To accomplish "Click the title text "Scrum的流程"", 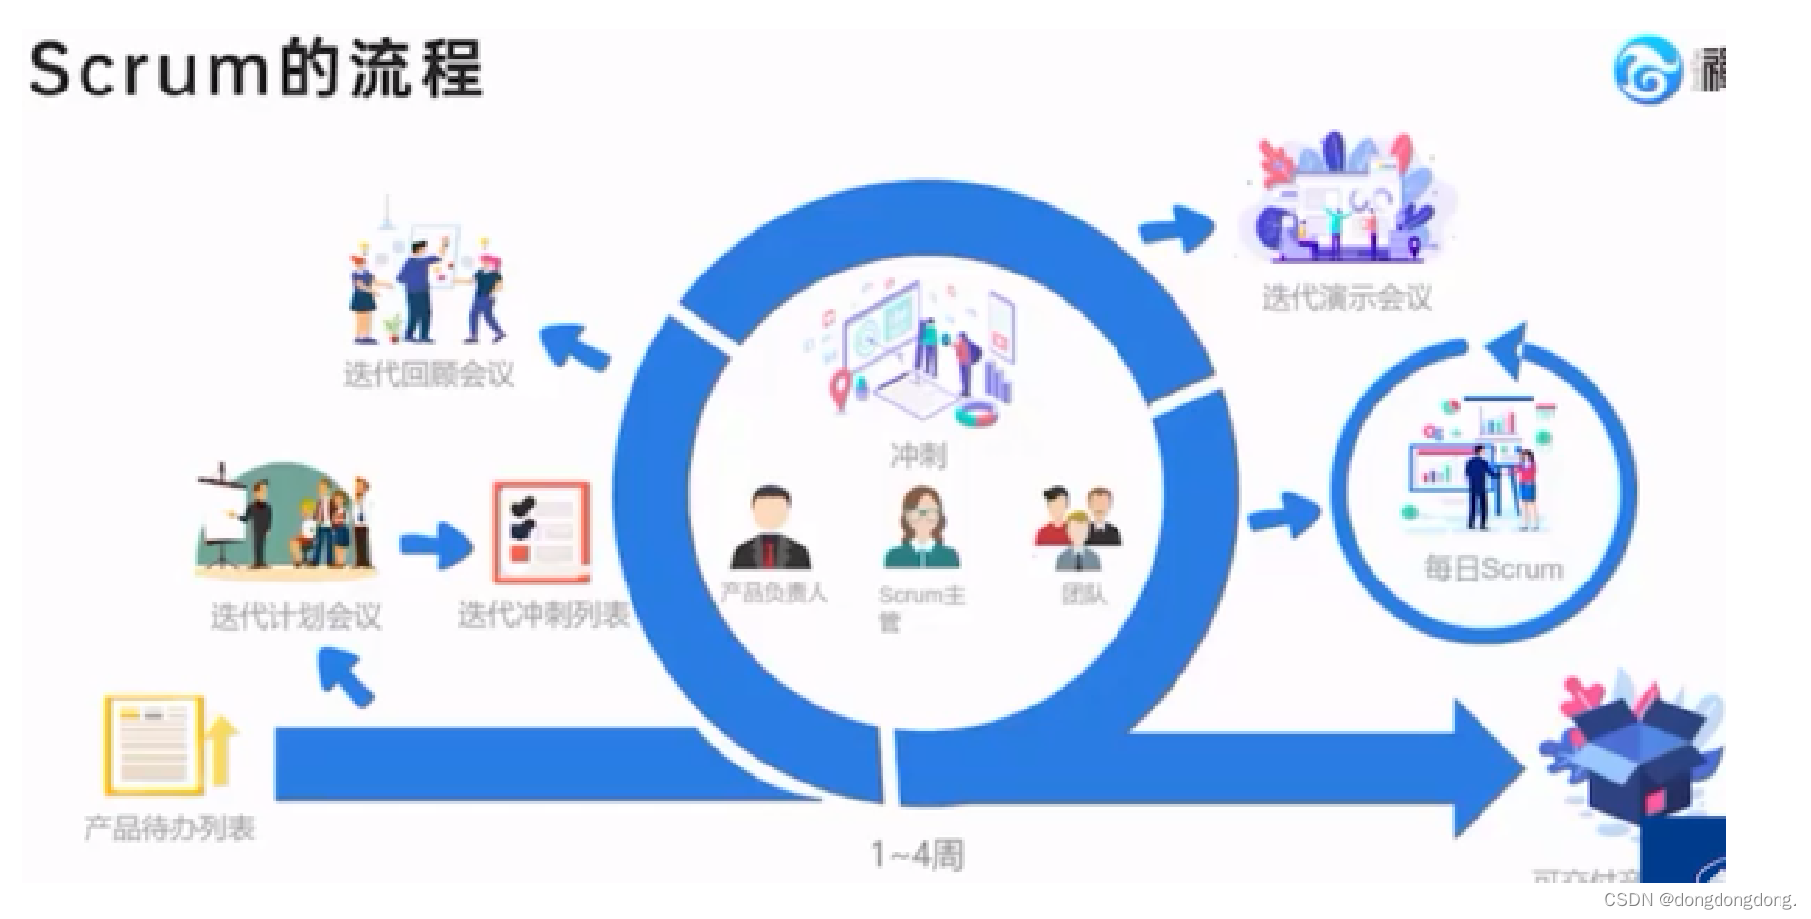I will coord(256,69).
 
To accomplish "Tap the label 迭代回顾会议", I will coord(429,374).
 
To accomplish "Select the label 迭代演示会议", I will coord(1347,297).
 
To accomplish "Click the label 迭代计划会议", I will coord(295,616).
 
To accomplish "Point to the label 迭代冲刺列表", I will coord(543,615).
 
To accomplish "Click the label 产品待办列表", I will coord(169,827).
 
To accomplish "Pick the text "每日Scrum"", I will coord(1493,569).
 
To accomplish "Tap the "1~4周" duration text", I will coord(917,854).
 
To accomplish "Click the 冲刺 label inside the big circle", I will coord(918,456).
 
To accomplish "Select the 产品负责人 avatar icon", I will coord(771,529).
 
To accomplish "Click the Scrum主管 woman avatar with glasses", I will coord(923,529).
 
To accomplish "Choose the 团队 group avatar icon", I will coord(1078,529).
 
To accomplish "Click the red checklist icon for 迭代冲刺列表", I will coord(541,531).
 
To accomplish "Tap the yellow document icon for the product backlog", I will coord(153,744).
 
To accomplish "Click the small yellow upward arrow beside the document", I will coord(222,752).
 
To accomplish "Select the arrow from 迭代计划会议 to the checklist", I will coord(436,545).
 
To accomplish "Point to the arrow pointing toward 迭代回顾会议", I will coord(575,346).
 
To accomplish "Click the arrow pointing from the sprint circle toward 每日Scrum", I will coord(1283,514).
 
